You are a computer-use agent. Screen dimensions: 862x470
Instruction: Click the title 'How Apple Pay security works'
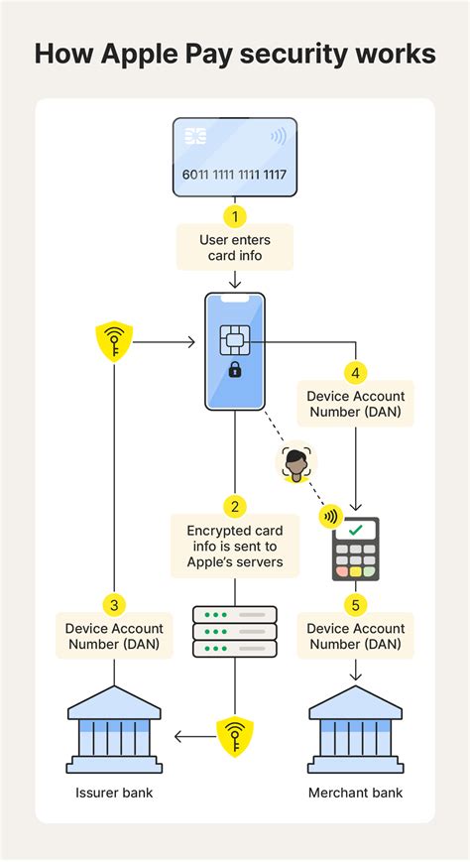click(235, 53)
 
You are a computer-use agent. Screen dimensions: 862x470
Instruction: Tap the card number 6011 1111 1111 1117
click(235, 175)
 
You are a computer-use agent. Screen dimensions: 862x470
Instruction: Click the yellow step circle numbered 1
click(235, 214)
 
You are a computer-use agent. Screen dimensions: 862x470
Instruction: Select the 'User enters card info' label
click(235, 247)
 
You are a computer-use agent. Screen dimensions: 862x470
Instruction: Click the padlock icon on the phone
click(235, 370)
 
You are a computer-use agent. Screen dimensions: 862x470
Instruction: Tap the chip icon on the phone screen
click(235, 341)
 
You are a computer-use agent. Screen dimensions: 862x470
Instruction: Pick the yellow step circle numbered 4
click(356, 373)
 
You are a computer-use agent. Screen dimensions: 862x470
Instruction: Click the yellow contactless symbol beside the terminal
click(329, 516)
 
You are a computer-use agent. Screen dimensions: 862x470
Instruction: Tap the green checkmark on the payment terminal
click(356, 531)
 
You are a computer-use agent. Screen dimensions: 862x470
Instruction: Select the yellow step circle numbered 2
click(235, 506)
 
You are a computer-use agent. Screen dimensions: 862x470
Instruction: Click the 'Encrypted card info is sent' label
click(235, 547)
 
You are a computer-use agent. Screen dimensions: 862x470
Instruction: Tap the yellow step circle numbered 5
click(356, 603)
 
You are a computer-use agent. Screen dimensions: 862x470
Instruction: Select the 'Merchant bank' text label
click(356, 793)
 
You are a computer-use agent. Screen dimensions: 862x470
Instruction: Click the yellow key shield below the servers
click(235, 735)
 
